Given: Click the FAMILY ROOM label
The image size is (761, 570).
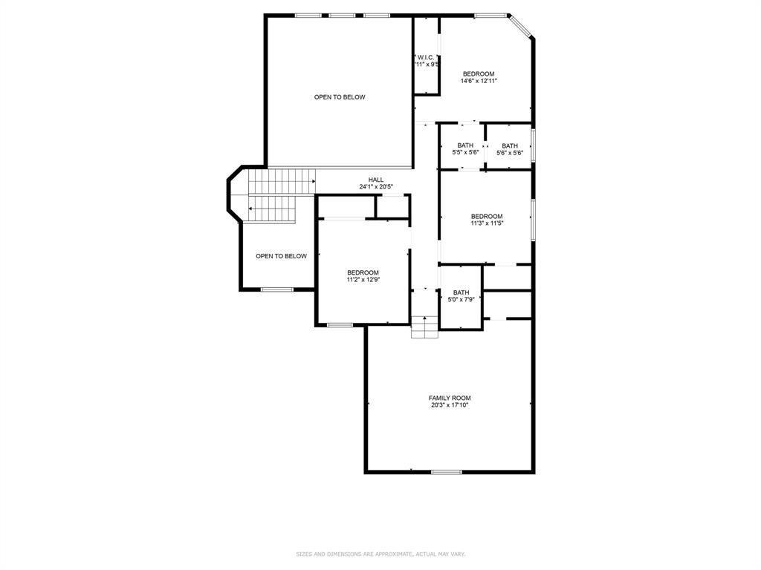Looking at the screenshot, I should [x=449, y=398].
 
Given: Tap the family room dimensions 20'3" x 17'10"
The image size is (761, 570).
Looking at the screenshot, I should [x=449, y=406].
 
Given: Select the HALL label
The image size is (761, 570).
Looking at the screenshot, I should [x=376, y=180].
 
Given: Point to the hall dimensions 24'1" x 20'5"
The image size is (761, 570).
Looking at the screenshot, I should [x=376, y=187].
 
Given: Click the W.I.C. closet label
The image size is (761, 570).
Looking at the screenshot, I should [x=426, y=57].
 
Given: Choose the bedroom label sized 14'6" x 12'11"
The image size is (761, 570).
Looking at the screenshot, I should [x=479, y=73].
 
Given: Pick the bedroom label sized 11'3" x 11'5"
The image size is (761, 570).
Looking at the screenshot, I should [x=487, y=217].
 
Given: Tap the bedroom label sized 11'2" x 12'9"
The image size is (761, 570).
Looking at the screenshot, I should [x=363, y=272].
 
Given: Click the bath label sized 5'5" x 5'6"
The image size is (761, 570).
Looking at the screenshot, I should [x=465, y=145].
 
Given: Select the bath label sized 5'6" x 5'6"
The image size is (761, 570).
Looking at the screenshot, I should [x=510, y=145].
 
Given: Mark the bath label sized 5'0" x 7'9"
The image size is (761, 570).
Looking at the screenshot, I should [x=462, y=292].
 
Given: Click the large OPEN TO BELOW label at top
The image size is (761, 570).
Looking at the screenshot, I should [x=340, y=97].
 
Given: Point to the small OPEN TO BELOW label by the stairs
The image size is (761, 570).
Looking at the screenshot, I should [x=281, y=256].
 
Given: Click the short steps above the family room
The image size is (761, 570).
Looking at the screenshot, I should [x=425, y=327].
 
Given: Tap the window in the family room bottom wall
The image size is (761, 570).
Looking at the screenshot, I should [x=447, y=472].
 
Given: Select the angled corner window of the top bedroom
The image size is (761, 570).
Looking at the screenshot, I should [x=520, y=26].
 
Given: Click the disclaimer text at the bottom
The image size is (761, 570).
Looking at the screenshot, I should [x=380, y=554].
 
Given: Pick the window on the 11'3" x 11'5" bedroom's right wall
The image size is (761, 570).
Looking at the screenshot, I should [x=533, y=219].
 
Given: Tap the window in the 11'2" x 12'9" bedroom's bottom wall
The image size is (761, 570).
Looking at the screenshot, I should [x=340, y=324].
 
